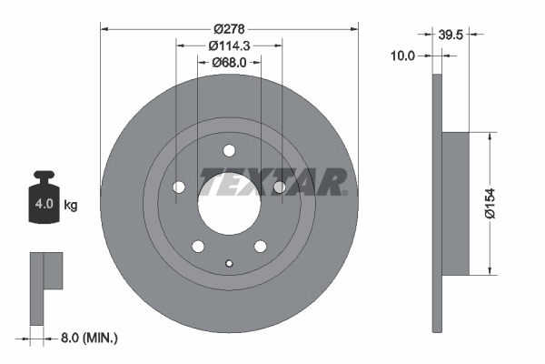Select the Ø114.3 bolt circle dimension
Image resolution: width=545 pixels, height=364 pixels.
point(229,45)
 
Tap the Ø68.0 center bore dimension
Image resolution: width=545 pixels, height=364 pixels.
point(229,63)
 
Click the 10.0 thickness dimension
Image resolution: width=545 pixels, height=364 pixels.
point(402,56)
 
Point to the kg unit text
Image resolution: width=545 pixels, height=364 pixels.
point(70,206)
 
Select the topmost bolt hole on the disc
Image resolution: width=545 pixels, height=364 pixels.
point(229,151)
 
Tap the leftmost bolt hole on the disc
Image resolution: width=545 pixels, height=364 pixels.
point(179,187)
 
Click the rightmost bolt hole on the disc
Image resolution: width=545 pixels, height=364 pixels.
point(279,187)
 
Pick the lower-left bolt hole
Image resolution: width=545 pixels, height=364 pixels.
point(197,246)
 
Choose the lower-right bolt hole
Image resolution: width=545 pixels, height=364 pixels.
point(261,246)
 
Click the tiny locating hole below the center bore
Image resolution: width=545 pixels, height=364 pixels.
point(229,264)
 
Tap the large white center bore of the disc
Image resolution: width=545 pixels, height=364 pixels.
point(229,204)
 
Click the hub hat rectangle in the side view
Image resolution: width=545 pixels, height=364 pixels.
point(456,202)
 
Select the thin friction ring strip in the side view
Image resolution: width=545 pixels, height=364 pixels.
point(436,202)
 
